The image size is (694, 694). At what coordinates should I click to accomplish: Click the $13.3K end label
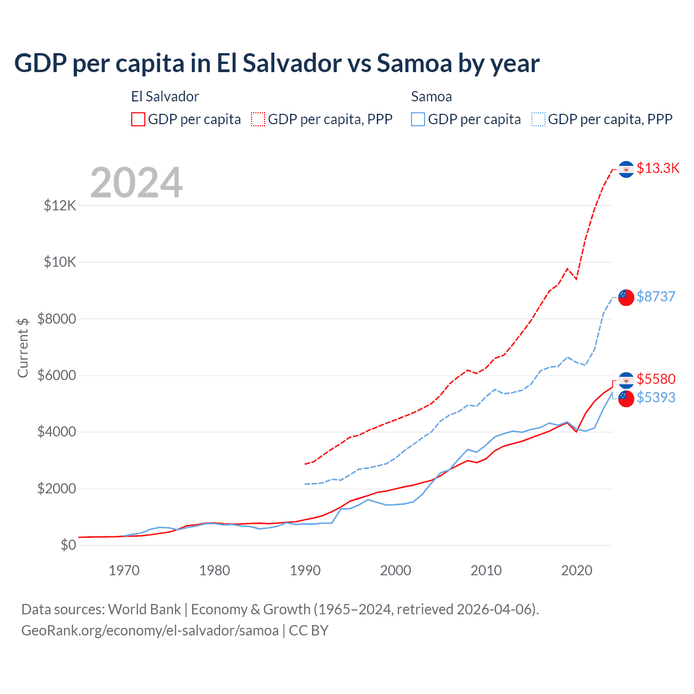point(658,169)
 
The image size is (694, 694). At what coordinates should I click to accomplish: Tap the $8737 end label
point(656,297)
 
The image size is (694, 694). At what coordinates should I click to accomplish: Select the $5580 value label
point(656,379)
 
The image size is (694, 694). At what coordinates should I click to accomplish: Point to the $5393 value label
point(656,398)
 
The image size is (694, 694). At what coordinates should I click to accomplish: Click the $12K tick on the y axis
point(60,206)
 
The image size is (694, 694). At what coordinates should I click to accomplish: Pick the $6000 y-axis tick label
point(57,376)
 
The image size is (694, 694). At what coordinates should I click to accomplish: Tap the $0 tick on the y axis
point(68,545)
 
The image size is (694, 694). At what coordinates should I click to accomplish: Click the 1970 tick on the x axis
point(124,570)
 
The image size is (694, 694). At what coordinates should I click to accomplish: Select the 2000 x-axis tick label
point(396,570)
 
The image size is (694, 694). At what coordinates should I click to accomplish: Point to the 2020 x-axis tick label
point(576,570)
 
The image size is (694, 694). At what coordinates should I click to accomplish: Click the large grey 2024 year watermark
point(136,183)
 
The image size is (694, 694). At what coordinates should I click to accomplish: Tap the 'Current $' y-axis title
point(23,348)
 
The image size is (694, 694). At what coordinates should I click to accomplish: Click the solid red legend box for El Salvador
point(138,119)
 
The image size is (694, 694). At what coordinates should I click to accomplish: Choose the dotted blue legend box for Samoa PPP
point(538,119)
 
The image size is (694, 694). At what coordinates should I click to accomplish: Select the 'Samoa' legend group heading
point(431,97)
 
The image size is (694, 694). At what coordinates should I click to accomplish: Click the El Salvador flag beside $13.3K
point(626,169)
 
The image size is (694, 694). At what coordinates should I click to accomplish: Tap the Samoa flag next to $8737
point(626,297)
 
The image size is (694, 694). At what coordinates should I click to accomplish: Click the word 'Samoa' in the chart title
point(415,63)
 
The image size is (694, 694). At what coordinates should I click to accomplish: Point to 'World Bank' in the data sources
point(144,609)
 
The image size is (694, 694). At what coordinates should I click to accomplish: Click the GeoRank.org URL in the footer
point(150,631)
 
